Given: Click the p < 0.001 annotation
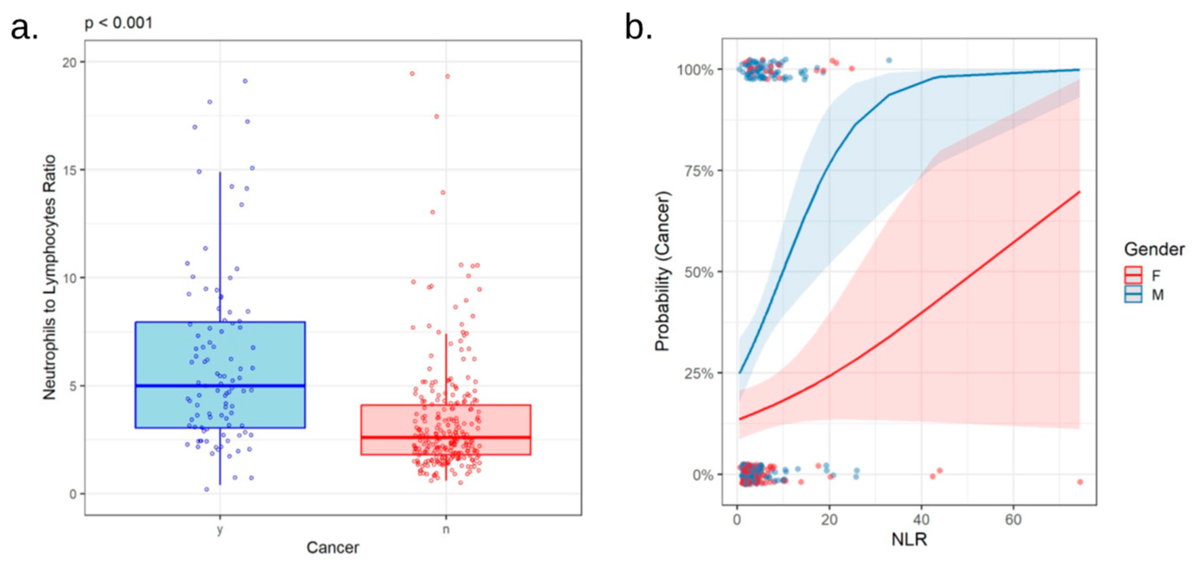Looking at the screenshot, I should [x=118, y=22].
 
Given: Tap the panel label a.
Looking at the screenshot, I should [x=24, y=29].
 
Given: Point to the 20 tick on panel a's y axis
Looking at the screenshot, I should [x=70, y=62].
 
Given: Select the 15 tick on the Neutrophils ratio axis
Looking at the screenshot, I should [x=70, y=170].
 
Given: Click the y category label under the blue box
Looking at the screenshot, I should [x=219, y=530].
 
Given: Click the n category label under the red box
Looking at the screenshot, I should [x=446, y=530].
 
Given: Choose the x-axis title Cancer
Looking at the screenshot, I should [x=332, y=548].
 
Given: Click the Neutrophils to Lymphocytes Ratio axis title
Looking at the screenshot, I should [x=49, y=278].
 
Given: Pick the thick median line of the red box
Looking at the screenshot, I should [x=446, y=437].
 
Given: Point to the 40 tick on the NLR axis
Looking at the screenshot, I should [x=921, y=519].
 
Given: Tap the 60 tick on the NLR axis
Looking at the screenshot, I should [x=1013, y=519].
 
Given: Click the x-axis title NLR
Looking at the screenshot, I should [x=909, y=540].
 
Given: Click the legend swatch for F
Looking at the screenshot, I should [x=1133, y=275].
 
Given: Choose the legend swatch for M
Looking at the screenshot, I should [x=1133, y=294].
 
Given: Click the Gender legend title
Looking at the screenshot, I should [x=1154, y=250].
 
